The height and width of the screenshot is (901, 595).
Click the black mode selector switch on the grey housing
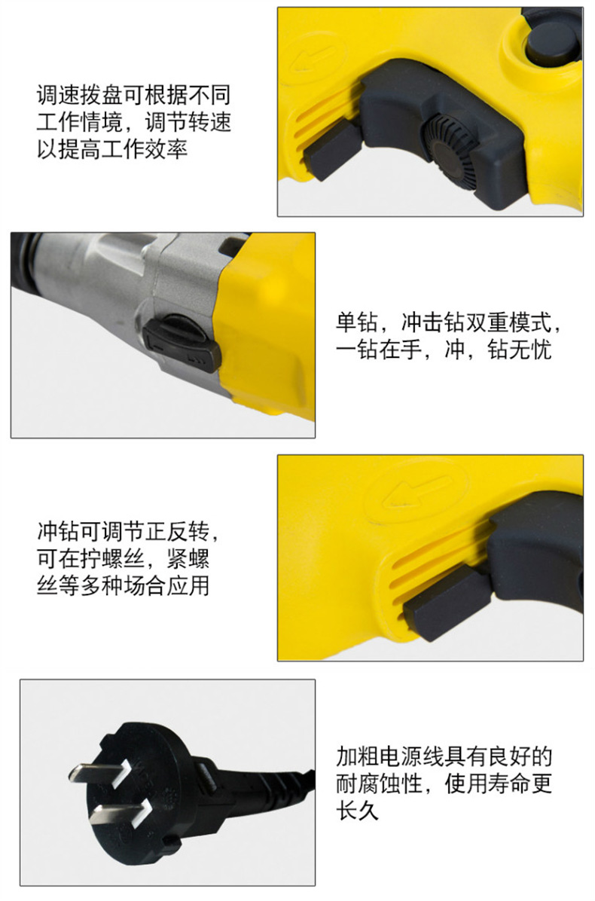(182, 341)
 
